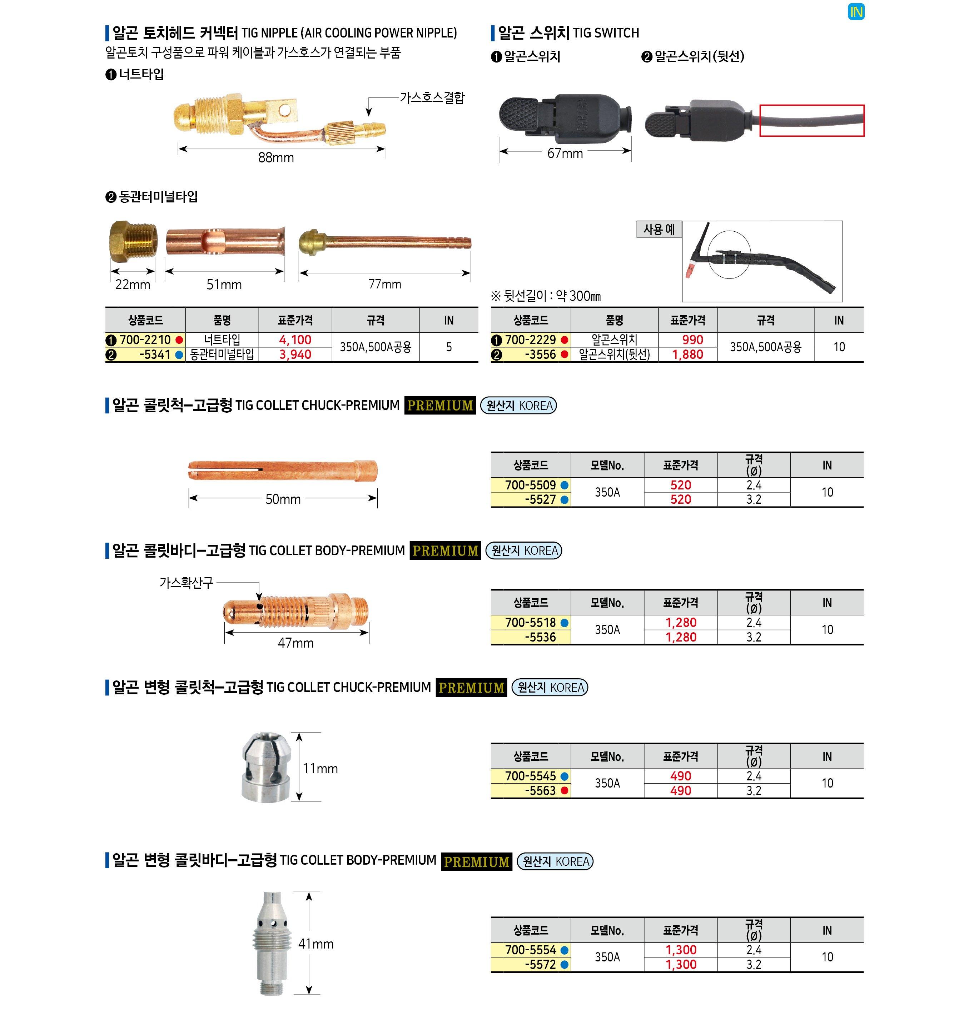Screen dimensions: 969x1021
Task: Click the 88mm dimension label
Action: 276,157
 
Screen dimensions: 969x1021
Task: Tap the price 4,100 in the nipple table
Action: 295,340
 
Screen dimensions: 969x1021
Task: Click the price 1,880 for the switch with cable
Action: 687,354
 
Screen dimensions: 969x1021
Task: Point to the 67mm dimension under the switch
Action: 565,153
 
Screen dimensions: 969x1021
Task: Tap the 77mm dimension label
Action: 385,284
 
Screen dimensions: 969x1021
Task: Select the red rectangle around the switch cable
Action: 811,106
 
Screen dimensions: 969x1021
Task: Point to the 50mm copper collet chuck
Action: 283,470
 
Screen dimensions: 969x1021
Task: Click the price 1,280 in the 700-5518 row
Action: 681,623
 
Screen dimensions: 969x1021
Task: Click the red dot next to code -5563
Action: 565,791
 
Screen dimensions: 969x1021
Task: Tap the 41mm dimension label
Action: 316,944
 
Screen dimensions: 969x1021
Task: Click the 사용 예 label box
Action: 659,229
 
